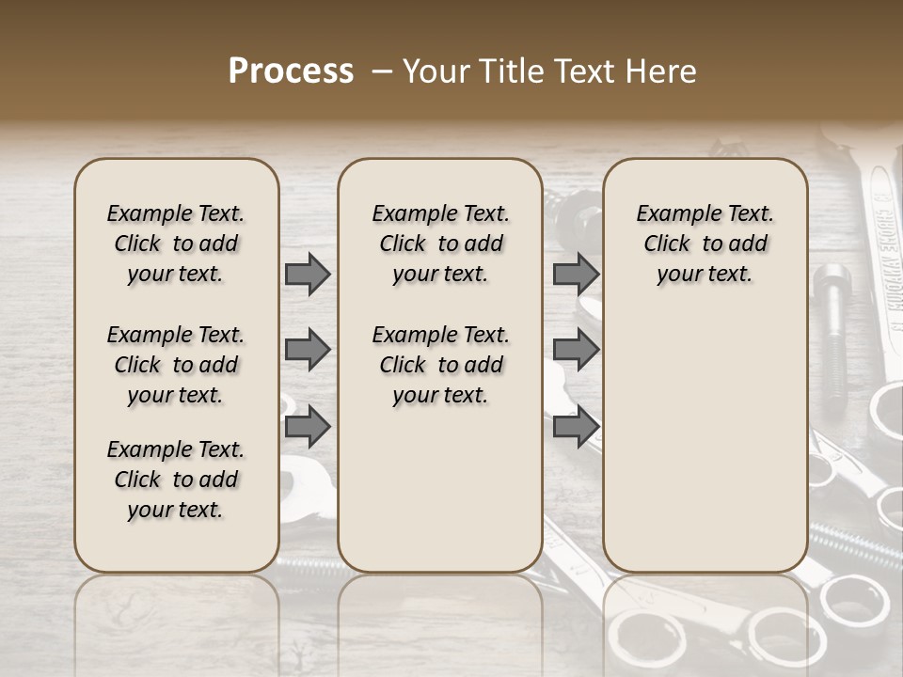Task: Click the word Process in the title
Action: (x=291, y=71)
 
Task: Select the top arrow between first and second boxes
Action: (x=308, y=274)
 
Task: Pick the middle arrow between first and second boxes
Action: (x=308, y=351)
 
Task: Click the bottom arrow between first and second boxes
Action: (x=308, y=427)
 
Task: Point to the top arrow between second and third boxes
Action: (x=576, y=274)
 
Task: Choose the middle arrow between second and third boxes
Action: (x=576, y=351)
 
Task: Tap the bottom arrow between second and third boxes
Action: (x=576, y=427)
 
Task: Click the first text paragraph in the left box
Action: (x=176, y=244)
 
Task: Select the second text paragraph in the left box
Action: (x=176, y=365)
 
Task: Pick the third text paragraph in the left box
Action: (x=176, y=480)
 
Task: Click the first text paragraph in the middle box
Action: (x=440, y=244)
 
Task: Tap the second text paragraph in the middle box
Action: (x=440, y=365)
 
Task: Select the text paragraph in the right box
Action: (x=705, y=244)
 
